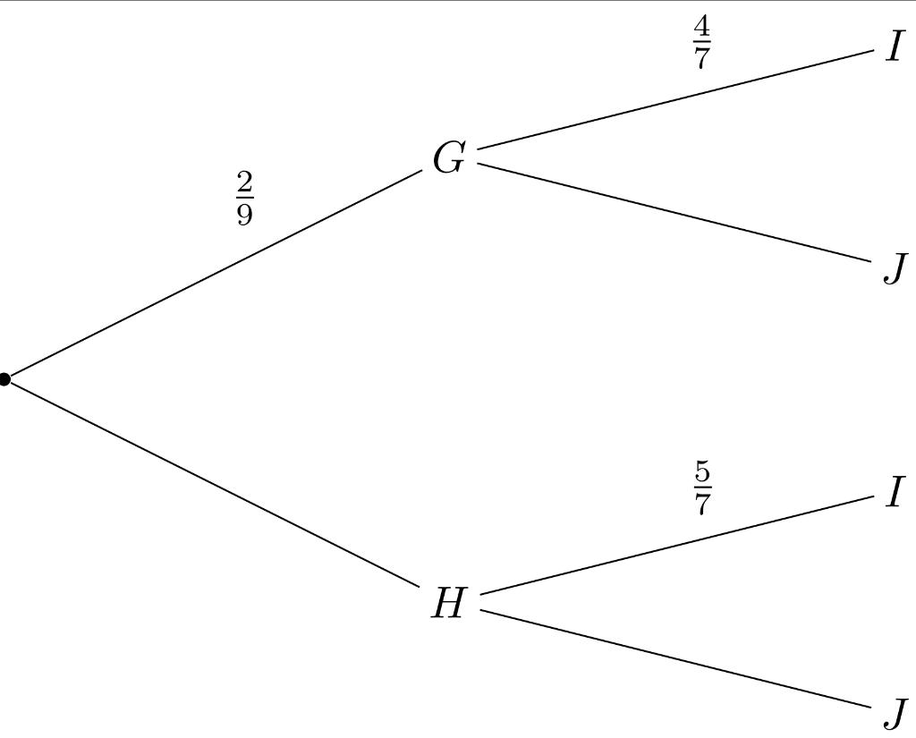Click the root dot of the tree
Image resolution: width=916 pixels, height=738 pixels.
point(4,379)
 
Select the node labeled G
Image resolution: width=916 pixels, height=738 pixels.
point(449,159)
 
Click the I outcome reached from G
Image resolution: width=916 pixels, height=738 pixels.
point(895,47)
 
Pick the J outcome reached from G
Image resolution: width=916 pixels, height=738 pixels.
point(895,267)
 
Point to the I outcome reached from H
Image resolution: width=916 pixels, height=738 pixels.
point(895,492)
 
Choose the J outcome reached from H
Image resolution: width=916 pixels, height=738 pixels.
point(895,713)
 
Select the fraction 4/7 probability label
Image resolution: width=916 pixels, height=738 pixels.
point(702,43)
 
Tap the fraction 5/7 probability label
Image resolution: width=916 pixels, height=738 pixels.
point(702,488)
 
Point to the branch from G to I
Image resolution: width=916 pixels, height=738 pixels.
point(675,98)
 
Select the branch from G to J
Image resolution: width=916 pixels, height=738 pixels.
point(675,213)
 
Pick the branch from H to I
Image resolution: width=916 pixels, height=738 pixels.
point(675,544)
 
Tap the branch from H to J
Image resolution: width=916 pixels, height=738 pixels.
point(675,658)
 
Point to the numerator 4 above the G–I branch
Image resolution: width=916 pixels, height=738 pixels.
point(702,27)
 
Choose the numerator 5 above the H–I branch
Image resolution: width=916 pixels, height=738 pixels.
point(702,471)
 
